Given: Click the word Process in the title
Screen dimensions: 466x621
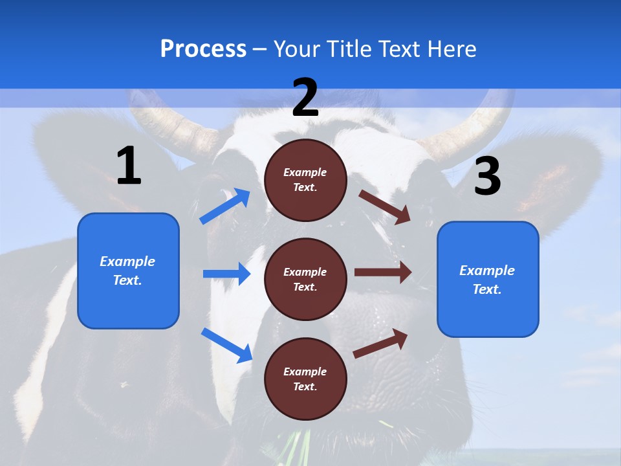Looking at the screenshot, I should click(x=203, y=49).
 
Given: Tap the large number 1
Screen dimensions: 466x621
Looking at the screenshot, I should click(x=129, y=166).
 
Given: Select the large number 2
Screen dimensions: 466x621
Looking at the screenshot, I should click(x=305, y=98).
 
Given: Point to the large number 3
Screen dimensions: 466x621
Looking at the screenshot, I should click(x=487, y=176).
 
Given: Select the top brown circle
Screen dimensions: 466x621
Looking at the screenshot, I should click(x=305, y=180).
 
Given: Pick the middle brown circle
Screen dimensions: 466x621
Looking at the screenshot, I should click(x=305, y=279).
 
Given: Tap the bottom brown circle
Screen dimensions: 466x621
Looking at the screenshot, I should click(x=305, y=379).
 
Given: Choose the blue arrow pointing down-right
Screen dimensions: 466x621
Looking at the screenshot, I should click(x=226, y=345).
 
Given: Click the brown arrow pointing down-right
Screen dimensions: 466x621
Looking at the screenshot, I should click(x=385, y=206).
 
